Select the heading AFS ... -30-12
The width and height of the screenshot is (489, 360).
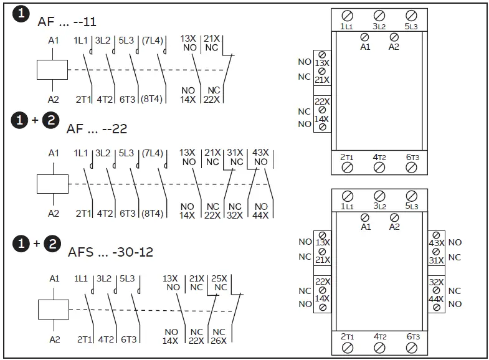110,252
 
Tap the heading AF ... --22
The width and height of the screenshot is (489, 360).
97,129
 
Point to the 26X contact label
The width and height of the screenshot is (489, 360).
219,340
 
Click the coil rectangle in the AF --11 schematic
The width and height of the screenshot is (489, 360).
52,69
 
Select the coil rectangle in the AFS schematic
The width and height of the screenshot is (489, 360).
52,309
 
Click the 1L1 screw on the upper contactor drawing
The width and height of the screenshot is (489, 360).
348,16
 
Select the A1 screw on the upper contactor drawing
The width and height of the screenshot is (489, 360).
366,37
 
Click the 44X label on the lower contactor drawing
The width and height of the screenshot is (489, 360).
436,300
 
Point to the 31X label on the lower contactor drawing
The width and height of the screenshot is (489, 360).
436,260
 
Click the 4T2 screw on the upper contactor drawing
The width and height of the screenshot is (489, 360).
379,167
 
